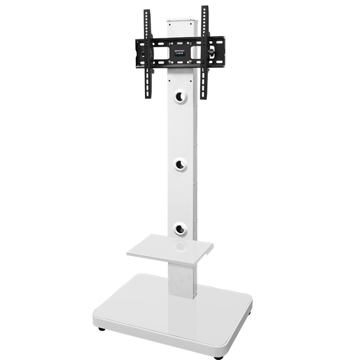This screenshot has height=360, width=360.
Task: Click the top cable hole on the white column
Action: point(180,97)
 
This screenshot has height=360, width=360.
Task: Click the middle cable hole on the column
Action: point(180,165)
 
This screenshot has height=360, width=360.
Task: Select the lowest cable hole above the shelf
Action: point(180,229)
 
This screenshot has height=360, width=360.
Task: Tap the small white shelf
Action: point(170,249)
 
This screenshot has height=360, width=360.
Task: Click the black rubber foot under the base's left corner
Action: point(102,329)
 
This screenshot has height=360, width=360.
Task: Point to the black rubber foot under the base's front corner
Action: point(218,357)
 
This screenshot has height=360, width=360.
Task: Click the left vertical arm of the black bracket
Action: point(148,53)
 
